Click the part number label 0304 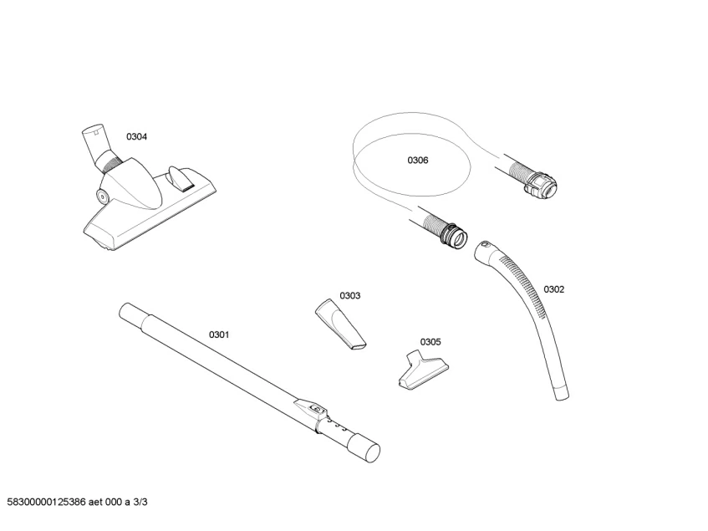pos(137,136)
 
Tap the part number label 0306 pos(418,161)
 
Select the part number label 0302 pos(554,289)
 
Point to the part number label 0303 pos(350,295)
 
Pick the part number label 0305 pos(431,341)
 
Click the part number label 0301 pos(219,334)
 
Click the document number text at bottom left pos(77,502)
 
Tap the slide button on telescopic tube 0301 pos(316,409)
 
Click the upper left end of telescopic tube pos(127,313)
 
